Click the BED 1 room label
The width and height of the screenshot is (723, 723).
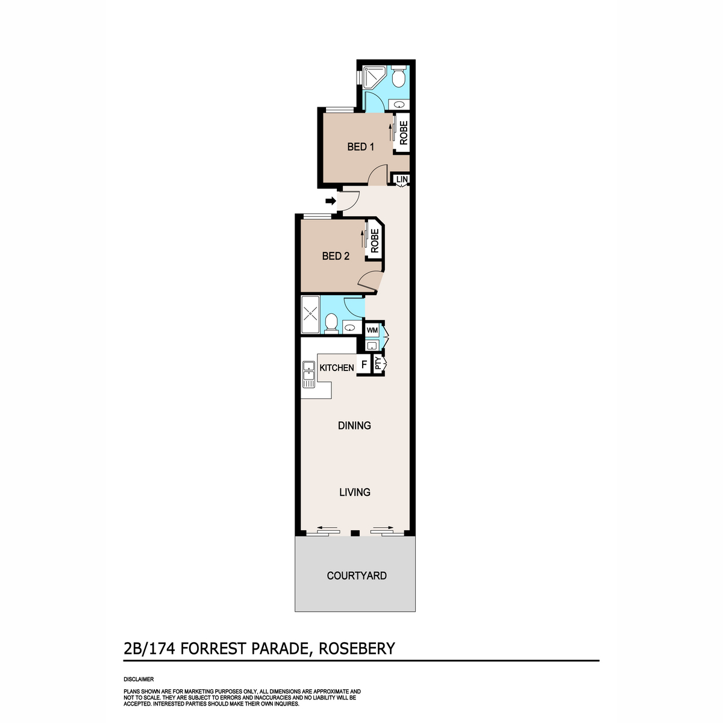tap(360, 146)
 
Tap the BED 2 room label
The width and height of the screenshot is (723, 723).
tap(336, 256)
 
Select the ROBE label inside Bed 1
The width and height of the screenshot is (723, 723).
tap(403, 133)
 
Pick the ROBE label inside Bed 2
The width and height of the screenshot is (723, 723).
tap(374, 240)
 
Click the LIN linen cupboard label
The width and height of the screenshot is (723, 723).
tap(401, 180)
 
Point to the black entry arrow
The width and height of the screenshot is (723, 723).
tap(331, 201)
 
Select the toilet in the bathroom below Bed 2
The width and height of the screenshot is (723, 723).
tap(331, 324)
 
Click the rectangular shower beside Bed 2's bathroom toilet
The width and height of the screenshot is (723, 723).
tap(310, 315)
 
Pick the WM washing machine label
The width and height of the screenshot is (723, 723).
tap(372, 330)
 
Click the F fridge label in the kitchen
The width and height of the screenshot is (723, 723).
tap(363, 365)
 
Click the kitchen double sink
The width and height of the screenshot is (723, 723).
tap(309, 374)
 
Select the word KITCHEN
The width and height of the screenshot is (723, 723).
tap(337, 368)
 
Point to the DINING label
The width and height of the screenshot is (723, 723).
tap(354, 425)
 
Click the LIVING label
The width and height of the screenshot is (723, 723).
tap(354, 492)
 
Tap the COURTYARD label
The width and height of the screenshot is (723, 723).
tap(357, 575)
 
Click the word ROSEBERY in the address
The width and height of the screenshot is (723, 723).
tap(357, 648)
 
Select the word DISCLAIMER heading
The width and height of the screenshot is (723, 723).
tap(139, 679)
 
